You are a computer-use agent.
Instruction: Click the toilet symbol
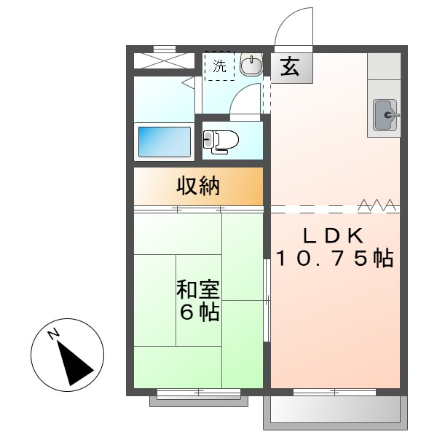coord(221,142)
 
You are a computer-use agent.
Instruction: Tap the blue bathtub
coord(165,142)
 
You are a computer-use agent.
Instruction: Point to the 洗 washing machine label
coord(220,66)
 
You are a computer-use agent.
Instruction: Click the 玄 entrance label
coord(290,67)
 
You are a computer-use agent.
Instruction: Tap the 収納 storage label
coord(198,186)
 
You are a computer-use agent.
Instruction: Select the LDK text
coord(334,236)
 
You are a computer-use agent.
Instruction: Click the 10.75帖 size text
coord(335,259)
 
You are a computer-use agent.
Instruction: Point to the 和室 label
coord(198,290)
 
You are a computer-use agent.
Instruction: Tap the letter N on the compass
coord(53,334)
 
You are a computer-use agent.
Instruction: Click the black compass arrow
coord(74,362)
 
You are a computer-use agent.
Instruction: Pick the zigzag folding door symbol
coord(377,205)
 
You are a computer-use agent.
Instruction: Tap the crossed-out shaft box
coord(164,60)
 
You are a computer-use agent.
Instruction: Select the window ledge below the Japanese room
coord(199,401)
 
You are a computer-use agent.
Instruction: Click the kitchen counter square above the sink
coord(384,66)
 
